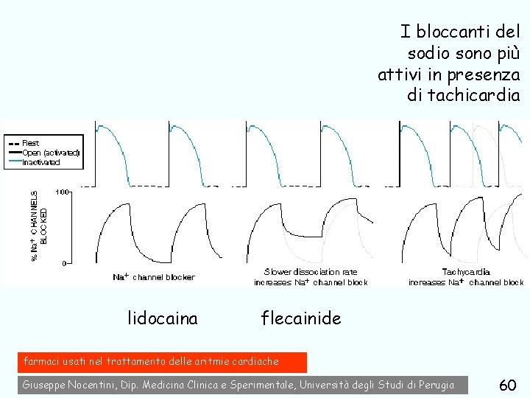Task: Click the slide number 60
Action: pyautogui.click(x=507, y=385)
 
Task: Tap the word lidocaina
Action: pyautogui.click(x=163, y=318)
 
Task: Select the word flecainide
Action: pyautogui.click(x=301, y=318)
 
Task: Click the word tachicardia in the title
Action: pyautogui.click(x=463, y=95)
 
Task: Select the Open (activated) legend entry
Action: pyautogui.click(x=50, y=153)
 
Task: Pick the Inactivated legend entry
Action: pyautogui.click(x=41, y=162)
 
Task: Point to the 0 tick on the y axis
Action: pyautogui.click(x=65, y=262)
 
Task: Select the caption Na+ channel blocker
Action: pyautogui.click(x=154, y=277)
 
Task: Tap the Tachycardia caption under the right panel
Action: pyautogui.click(x=466, y=272)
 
